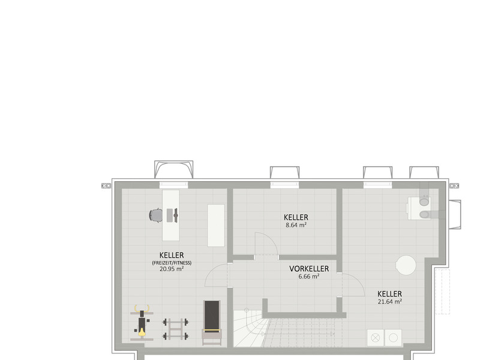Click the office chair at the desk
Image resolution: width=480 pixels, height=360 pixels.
pos(156,215)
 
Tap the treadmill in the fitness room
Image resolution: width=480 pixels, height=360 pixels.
pos(212,323)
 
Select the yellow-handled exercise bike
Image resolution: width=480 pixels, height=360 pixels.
pos(142,322)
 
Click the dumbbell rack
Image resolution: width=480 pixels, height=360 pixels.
pos(175,329)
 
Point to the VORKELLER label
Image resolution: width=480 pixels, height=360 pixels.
pos(309,269)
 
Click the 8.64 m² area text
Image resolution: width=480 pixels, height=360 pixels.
pos(296,225)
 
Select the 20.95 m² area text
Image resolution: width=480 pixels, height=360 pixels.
pos(172,269)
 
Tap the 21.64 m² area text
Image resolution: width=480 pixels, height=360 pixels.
pos(389,302)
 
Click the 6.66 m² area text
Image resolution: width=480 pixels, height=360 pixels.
pos(309,277)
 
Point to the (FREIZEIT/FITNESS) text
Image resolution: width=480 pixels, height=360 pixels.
pos(172,263)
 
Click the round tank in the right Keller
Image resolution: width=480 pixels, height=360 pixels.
pos(406,265)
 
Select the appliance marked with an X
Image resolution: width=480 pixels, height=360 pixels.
pos(376,338)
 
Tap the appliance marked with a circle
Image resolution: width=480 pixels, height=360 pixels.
pos(394,338)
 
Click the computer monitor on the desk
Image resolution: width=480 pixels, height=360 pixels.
pos(176,215)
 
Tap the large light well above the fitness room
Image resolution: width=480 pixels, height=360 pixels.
pos(173,169)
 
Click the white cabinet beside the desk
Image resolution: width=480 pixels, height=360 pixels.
pos(216,226)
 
